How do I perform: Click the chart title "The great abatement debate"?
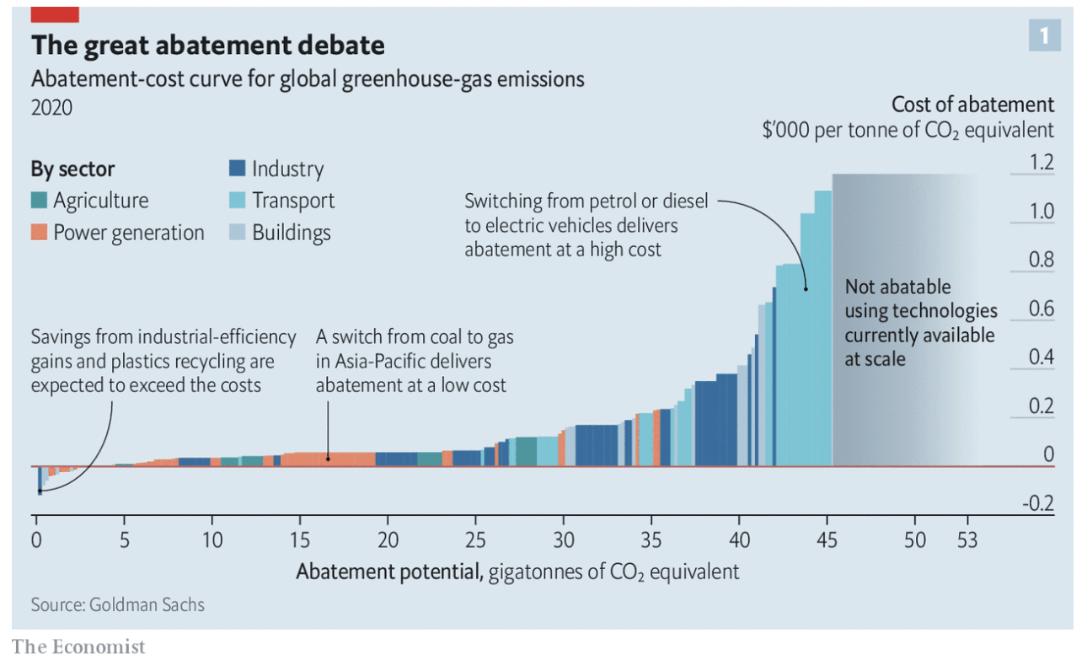click(x=207, y=45)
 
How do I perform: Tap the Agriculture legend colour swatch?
click(x=39, y=201)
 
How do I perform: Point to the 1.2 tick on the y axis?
click(x=1042, y=163)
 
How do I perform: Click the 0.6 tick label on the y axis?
click(x=1042, y=309)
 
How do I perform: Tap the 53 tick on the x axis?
click(x=967, y=540)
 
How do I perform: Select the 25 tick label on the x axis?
click(x=475, y=540)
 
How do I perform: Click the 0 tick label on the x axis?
click(x=36, y=540)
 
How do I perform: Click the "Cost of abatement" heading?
click(x=972, y=105)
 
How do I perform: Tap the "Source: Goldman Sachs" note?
click(x=117, y=604)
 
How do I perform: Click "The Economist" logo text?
click(x=78, y=647)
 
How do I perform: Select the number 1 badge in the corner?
click(x=1044, y=35)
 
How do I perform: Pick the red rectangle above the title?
click(x=55, y=14)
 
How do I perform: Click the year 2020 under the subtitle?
click(x=51, y=108)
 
